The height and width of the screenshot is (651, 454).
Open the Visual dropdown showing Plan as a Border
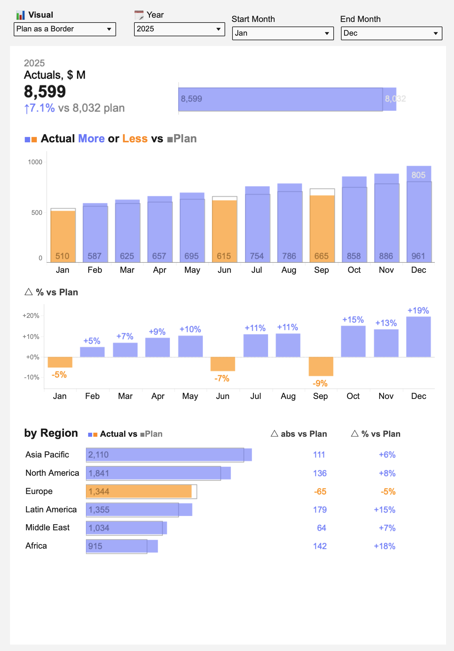coord(65,29)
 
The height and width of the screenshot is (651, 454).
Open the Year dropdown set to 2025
coord(179,29)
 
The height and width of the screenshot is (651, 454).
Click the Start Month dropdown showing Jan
coord(283,33)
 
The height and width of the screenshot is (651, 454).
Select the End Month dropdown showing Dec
coord(392,33)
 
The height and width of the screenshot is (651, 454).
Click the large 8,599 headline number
coord(45,91)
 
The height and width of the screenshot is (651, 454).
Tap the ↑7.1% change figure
coord(40,108)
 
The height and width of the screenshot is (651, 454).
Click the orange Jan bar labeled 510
coord(63,236)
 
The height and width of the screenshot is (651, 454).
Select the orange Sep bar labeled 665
coord(322,229)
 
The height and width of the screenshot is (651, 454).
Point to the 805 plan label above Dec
coord(418,175)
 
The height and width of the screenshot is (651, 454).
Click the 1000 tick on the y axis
coord(35,162)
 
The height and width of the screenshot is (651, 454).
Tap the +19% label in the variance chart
coord(418,311)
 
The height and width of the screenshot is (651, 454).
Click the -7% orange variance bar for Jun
coord(223,364)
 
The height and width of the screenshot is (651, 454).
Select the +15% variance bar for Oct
coord(353,341)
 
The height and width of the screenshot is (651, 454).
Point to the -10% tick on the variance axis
coord(32,377)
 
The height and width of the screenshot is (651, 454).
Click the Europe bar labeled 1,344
coord(139,492)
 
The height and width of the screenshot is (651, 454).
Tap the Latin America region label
coord(51,510)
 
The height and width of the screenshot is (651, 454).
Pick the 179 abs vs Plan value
coord(320,510)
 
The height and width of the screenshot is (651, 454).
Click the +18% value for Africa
coord(385,546)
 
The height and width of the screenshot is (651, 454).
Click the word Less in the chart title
coord(135,139)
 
